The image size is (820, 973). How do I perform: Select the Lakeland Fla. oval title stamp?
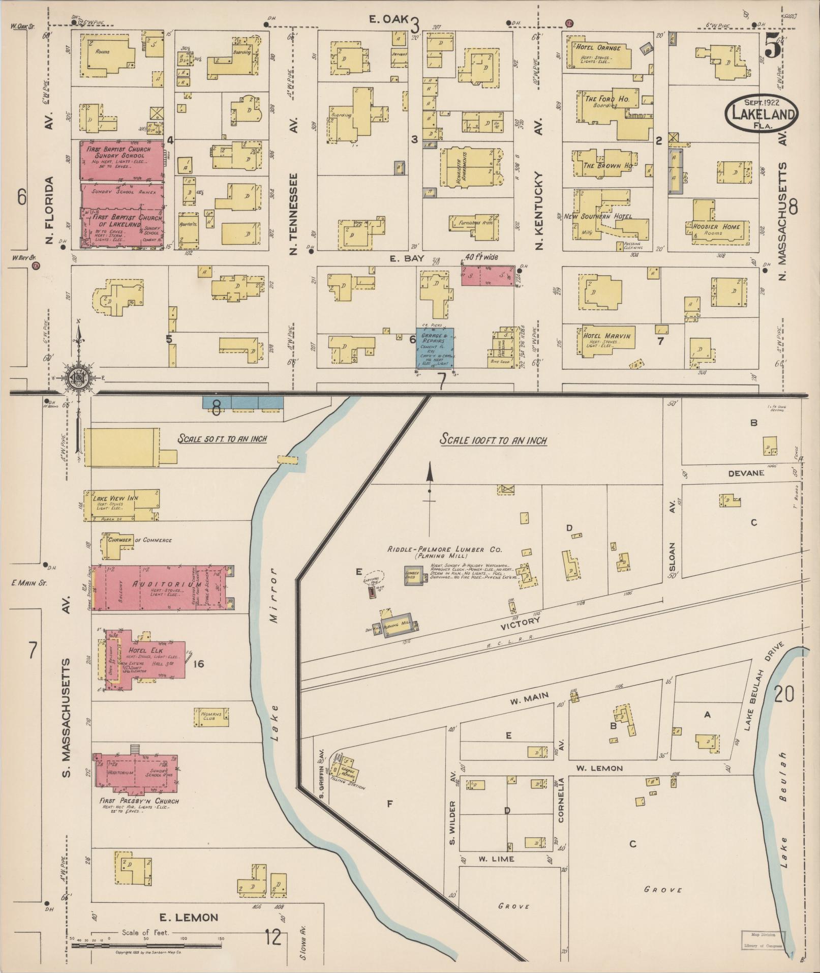click(762, 114)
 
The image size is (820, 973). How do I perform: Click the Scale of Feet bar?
click(146, 946)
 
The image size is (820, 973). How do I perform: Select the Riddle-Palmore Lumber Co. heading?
click(444, 550)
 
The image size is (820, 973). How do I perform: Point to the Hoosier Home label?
click(716, 226)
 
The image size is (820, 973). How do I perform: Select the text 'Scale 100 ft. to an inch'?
click(493, 439)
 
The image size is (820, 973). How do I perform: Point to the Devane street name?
click(746, 473)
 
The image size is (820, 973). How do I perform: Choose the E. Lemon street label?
click(189, 918)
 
